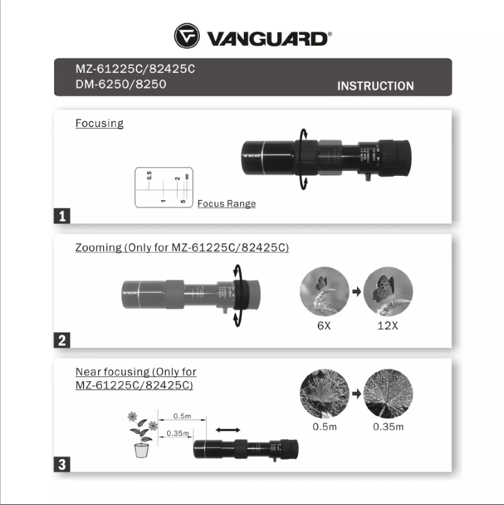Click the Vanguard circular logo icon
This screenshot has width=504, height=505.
(x=187, y=36)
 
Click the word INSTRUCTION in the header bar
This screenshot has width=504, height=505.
(x=375, y=86)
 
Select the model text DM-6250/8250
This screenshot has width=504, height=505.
(x=121, y=84)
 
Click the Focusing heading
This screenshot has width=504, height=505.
(x=99, y=123)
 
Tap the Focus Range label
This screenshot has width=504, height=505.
(x=226, y=204)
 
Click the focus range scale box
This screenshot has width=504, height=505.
(x=164, y=187)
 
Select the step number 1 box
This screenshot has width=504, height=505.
(x=62, y=216)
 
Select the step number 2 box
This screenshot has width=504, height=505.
(x=62, y=340)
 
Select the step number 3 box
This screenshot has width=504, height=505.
(x=62, y=465)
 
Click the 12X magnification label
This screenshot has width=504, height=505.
(x=387, y=325)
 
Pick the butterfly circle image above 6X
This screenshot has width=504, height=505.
(x=325, y=291)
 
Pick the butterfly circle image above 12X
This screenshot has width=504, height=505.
(x=388, y=291)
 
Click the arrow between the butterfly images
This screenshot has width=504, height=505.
(x=356, y=292)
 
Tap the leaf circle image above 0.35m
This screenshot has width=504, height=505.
(x=388, y=394)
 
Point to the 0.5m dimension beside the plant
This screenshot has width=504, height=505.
(x=182, y=416)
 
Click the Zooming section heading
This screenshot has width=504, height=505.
(x=182, y=247)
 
